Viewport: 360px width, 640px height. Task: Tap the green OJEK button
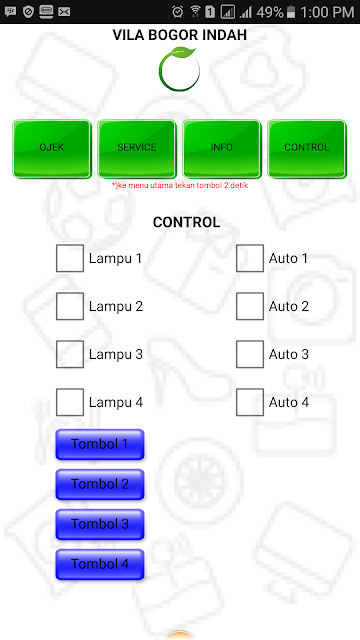tap(52, 149)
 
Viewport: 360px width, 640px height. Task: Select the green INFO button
tap(222, 149)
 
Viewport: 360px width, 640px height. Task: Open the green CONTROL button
tap(307, 149)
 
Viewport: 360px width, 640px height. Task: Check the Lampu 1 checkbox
tap(70, 258)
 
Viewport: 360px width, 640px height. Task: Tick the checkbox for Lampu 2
tap(70, 306)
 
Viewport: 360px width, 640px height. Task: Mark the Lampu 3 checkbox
tap(70, 354)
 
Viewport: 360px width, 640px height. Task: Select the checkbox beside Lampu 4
tap(70, 402)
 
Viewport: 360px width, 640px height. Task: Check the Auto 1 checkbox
tap(250, 258)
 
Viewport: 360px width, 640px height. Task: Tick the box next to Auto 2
tap(250, 306)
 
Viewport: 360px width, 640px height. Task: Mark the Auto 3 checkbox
tap(250, 354)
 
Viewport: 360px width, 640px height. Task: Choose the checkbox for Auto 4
tap(250, 402)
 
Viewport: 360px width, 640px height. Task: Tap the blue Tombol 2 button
tap(100, 484)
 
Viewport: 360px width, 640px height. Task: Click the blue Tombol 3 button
tap(100, 524)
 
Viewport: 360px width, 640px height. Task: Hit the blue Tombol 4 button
tap(100, 564)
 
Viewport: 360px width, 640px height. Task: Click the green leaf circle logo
tap(180, 69)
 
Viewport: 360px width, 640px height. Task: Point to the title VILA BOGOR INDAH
tap(180, 35)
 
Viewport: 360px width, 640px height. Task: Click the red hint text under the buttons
tap(180, 185)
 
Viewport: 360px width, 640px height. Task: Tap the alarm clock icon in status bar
tap(178, 12)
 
